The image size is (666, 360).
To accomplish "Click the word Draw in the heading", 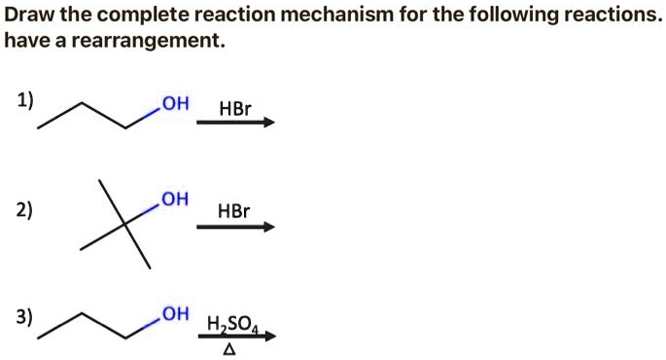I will coord(28,16).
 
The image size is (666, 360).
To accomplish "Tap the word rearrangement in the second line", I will coord(154,42).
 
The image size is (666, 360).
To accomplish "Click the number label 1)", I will coord(24,99).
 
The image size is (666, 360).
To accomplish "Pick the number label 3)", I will coord(24,317).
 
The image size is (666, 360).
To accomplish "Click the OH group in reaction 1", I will coord(176,103).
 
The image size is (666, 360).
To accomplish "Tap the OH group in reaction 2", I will coord(175,200).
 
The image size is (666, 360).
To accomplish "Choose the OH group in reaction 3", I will coord(176,313).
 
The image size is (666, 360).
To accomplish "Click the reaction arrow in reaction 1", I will coord(235,123).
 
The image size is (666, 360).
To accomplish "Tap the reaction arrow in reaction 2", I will coord(235,228).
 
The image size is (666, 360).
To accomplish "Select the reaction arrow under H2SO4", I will coord(235,337).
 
